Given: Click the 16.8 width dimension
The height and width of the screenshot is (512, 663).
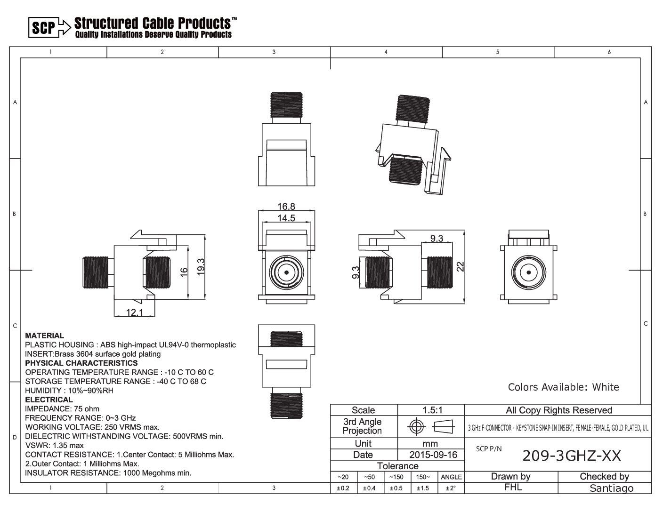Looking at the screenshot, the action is (286, 207).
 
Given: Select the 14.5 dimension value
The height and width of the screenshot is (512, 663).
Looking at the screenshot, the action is (286, 218).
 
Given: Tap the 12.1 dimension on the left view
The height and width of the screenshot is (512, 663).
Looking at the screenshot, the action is (135, 312).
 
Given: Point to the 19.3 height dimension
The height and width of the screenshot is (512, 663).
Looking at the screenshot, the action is (201, 267).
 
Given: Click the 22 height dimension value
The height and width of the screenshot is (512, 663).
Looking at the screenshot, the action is (460, 266).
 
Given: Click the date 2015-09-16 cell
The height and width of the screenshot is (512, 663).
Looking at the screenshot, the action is (433, 455).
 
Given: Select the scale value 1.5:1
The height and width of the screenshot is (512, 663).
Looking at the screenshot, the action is (432, 410).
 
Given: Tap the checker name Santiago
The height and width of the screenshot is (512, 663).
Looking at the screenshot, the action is (611, 488).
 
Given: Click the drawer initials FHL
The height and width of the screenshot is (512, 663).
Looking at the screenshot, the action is (513, 488).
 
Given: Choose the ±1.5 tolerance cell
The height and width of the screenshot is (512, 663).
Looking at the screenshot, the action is (422, 488).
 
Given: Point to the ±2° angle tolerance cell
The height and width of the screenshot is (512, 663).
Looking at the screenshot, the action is (451, 488).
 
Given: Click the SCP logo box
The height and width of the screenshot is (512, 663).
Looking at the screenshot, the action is (44, 27).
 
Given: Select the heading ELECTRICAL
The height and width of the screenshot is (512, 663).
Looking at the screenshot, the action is (49, 400).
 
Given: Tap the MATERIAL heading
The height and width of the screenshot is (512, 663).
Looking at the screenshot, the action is (45, 336).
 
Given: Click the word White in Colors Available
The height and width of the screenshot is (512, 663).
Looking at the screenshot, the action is (606, 387).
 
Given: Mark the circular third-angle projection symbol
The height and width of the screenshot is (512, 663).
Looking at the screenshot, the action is (416, 426).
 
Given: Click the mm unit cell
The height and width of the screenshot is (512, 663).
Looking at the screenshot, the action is (430, 444).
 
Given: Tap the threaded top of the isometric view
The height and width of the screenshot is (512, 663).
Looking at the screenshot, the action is (412, 108).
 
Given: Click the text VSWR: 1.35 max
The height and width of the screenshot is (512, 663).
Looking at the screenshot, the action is (54, 445).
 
